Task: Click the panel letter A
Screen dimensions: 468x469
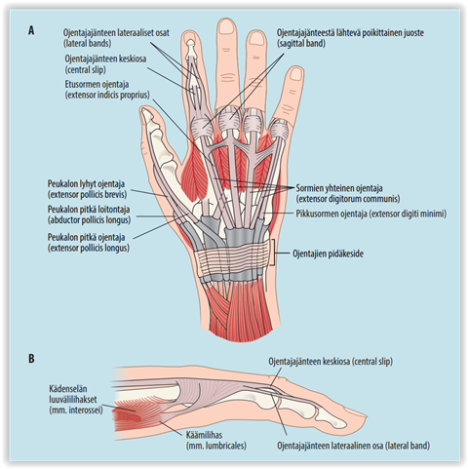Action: coord(31,30)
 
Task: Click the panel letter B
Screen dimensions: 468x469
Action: coord(31,359)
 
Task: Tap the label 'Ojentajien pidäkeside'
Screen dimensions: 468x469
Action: coord(328,254)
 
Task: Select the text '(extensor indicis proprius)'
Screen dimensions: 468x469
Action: coord(107,95)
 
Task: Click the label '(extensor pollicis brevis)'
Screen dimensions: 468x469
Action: coord(87,194)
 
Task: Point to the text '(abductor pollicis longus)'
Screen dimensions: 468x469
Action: coord(89,220)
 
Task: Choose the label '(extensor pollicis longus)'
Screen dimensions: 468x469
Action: coord(89,248)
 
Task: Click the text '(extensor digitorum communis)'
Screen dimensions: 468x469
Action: coord(348,199)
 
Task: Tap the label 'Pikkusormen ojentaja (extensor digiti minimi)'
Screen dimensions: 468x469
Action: coord(370,214)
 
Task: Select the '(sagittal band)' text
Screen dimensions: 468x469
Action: coord(301,43)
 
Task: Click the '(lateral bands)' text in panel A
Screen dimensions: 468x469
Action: coord(87,43)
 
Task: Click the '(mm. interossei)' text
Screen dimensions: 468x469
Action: coord(76,410)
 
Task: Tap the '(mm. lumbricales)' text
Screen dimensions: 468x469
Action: coord(216,446)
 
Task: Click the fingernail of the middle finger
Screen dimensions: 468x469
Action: coord(226,26)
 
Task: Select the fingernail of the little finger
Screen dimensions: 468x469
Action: coord(296,74)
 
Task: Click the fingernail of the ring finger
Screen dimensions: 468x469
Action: coord(256,38)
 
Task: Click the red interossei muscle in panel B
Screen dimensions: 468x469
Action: coord(130,417)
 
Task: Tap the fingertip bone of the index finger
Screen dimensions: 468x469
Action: coord(191,43)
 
